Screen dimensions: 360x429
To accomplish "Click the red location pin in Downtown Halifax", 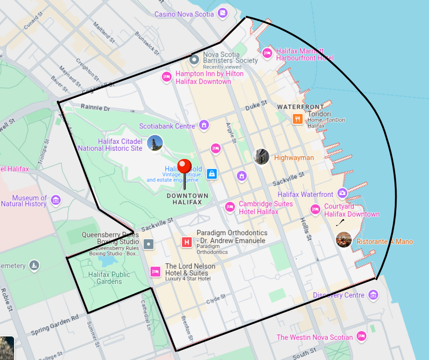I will [x=184, y=167].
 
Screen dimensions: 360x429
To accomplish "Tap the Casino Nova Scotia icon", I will [x=223, y=13].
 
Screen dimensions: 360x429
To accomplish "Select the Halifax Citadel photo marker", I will [x=155, y=143].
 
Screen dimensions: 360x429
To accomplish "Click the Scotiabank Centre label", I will [x=167, y=126].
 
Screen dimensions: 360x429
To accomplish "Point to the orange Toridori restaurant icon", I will [x=298, y=119].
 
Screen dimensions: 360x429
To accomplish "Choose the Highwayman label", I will [x=294, y=158].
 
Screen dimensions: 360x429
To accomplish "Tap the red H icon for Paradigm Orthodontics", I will [x=187, y=242].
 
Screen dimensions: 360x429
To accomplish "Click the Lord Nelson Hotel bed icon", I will [x=155, y=271].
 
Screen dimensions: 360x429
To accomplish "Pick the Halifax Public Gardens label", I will [x=109, y=278].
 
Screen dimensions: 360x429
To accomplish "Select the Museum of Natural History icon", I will [x=56, y=200].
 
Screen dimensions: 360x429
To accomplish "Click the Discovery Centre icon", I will [x=373, y=295].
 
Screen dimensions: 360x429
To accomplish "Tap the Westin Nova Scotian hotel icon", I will [x=361, y=337].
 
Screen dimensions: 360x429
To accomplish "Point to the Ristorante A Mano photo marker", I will [x=344, y=240].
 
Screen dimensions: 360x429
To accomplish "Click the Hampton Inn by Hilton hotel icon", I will [x=167, y=77].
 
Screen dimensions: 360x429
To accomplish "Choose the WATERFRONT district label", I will [x=300, y=106].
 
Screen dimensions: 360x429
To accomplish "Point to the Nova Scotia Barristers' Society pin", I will [x=194, y=59].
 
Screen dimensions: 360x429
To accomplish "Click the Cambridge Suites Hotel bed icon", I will [x=230, y=207].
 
